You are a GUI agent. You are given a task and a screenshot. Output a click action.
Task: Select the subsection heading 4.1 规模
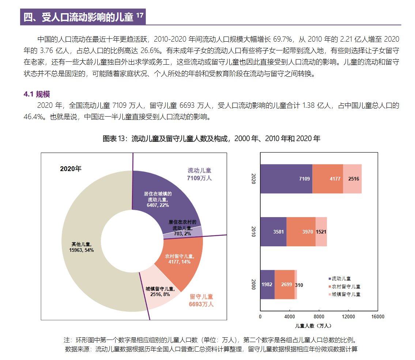click(37, 95)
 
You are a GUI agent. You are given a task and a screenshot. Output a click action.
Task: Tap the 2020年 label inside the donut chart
click(71, 169)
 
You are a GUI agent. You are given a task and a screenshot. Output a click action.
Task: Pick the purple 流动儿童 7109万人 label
click(199, 174)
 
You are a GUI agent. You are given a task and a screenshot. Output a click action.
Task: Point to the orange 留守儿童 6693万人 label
click(201, 300)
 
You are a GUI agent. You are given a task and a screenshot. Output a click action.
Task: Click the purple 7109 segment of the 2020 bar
click(286, 179)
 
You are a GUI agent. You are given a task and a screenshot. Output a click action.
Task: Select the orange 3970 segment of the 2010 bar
click(301, 231)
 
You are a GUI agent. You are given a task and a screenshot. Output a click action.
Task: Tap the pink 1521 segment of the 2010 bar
click(321, 231)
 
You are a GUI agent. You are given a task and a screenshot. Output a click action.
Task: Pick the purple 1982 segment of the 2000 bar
click(267, 284)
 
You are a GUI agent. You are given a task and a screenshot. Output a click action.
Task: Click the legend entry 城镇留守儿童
click(346, 294)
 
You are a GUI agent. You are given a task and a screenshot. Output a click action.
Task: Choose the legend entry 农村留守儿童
click(346, 287)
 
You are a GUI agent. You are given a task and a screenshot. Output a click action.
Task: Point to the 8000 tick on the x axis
click(319, 317)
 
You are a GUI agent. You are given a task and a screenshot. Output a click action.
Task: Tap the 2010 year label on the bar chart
click(253, 231)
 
